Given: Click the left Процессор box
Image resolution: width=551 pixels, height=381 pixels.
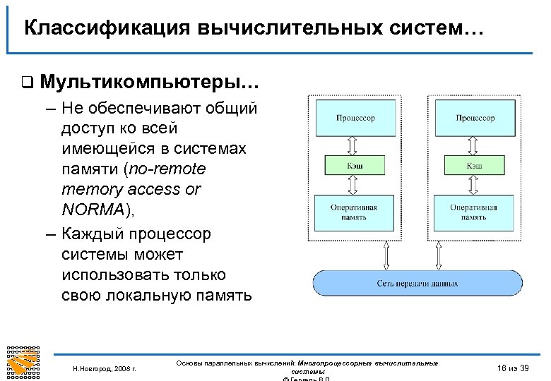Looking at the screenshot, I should pos(355,119).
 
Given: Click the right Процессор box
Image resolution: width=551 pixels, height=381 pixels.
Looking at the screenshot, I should pos(475,119).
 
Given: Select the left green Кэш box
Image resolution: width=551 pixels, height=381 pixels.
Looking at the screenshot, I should pos(355,164).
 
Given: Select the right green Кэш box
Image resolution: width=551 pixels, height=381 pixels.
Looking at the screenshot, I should pos(475,164).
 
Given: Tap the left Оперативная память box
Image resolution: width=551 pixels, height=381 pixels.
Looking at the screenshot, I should pos(355,212).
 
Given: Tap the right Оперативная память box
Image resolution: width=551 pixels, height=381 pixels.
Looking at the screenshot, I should pos(475,212).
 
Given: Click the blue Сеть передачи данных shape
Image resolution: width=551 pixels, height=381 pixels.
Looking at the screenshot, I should pos(417,283).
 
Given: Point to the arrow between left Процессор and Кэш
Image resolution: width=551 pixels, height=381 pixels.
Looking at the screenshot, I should pos(355,145).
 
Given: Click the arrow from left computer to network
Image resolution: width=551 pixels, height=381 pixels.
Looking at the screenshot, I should pos(385,255).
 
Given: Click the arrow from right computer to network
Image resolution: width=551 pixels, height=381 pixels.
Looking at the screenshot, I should pos(438,255).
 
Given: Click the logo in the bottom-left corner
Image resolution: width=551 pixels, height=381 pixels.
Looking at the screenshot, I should pos(23,363).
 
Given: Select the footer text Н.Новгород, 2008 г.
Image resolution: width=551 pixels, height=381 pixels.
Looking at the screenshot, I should pos(105,368).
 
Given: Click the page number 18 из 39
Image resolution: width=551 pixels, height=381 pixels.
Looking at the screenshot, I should pos(513,368).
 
